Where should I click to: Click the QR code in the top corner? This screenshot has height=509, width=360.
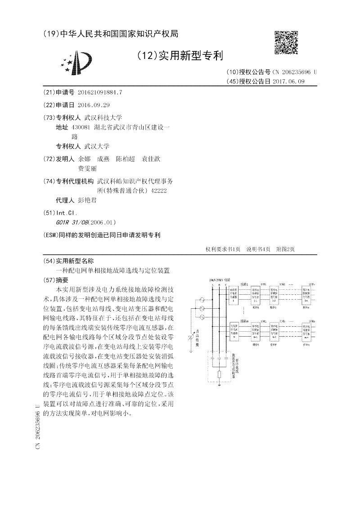pyautogui.click(x=286, y=43)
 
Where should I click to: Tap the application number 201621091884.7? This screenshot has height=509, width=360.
pyautogui.click(x=99, y=92)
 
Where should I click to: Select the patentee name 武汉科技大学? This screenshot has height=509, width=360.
pyautogui.click(x=103, y=117)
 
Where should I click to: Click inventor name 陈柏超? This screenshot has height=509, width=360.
pyautogui.click(x=125, y=159)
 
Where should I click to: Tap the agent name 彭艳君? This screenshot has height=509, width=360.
pyautogui.click(x=87, y=200)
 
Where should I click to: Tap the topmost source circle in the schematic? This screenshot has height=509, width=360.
pyautogui.click(x=202, y=299)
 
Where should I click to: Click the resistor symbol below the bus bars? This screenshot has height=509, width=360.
pyautogui.click(x=219, y=374)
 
